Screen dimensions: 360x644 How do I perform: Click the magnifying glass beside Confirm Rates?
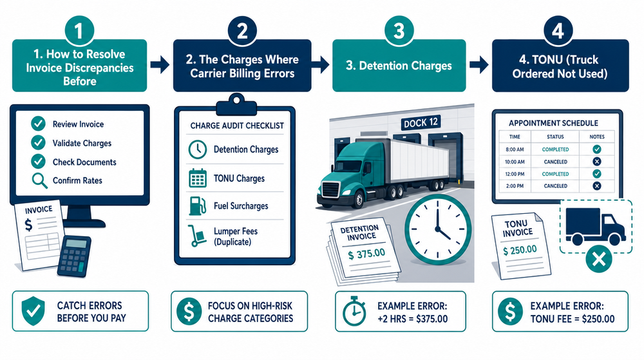point(38,181)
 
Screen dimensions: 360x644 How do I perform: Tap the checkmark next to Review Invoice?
point(38,124)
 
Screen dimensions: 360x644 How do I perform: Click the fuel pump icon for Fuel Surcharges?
point(196,206)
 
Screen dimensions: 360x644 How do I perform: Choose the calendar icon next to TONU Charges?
point(196,178)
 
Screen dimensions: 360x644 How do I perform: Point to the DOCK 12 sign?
point(408,122)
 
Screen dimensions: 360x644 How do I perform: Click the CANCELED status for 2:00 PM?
point(554,185)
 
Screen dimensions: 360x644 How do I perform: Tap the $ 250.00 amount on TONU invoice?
point(520,249)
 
